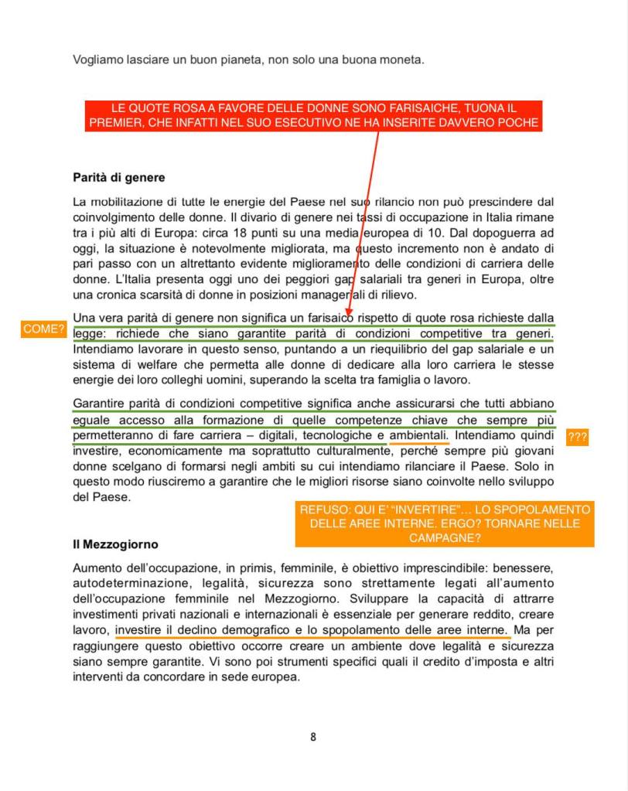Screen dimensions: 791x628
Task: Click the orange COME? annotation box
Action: point(43,329)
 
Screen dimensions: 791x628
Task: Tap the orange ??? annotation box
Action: point(578,438)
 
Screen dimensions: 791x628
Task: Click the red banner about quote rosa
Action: point(313,115)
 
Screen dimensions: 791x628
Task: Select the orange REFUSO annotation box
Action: point(445,524)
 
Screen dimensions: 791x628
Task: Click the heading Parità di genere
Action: point(118,178)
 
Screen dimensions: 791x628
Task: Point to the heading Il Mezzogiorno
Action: point(115,544)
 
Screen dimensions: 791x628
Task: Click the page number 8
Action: point(313,737)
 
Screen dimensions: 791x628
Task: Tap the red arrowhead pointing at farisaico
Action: point(349,312)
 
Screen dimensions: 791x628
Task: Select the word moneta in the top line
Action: point(402,60)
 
